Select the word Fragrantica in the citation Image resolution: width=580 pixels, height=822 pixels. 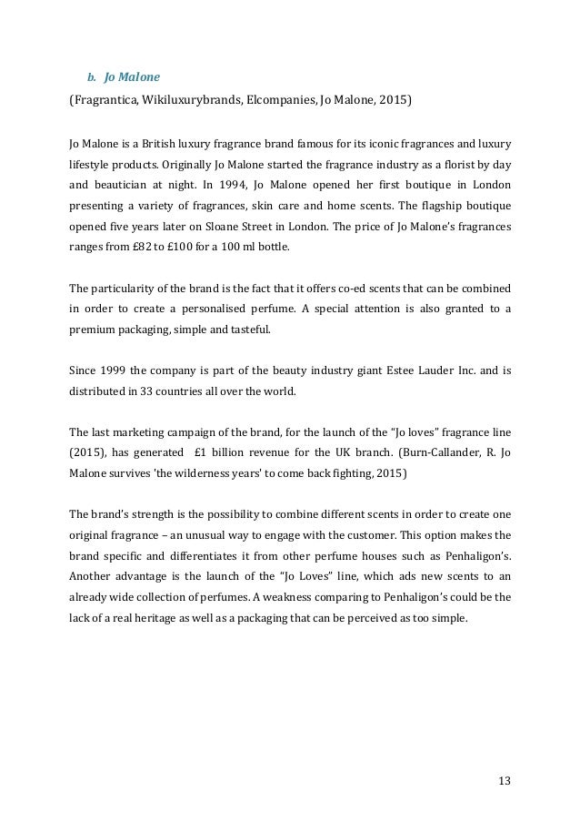pyautogui.click(x=105, y=93)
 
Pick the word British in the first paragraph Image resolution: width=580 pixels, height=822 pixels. pyautogui.click(x=157, y=144)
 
